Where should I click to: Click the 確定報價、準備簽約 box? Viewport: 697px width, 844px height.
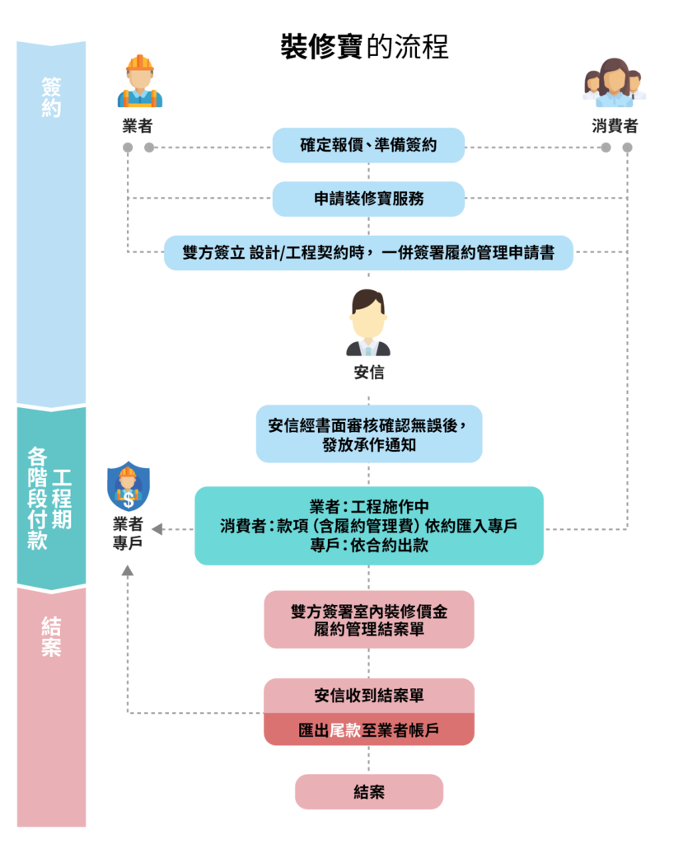[x=368, y=146]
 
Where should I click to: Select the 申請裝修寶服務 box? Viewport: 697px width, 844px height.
[x=368, y=199]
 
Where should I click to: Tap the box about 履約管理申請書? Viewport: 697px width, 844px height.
[x=368, y=253]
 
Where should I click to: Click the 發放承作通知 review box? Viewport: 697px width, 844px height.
[x=368, y=434]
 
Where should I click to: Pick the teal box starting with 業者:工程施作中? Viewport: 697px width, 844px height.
[x=368, y=526]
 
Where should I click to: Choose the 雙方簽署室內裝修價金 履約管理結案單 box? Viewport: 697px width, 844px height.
[x=368, y=620]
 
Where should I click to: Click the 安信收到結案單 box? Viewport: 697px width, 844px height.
[x=368, y=696]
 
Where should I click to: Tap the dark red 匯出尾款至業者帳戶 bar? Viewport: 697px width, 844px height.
[x=368, y=730]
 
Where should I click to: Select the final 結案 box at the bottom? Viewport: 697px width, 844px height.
[x=368, y=792]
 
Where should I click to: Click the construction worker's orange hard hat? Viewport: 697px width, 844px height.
[x=139, y=63]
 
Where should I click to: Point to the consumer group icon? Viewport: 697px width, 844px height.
[x=615, y=83]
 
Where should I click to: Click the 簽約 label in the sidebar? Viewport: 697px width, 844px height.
[x=51, y=97]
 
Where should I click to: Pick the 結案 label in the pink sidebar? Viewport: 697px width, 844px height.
[x=51, y=636]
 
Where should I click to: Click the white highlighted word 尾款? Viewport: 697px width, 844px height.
[x=344, y=730]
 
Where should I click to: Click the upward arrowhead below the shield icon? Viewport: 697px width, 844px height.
[x=128, y=570]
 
